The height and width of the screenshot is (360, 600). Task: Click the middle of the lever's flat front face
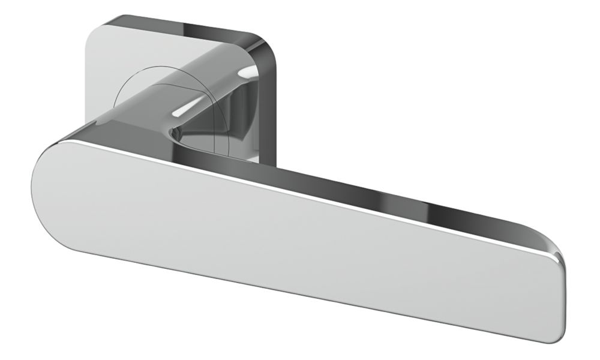tap(288, 240)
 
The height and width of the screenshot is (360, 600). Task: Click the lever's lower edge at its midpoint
tap(294, 288)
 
